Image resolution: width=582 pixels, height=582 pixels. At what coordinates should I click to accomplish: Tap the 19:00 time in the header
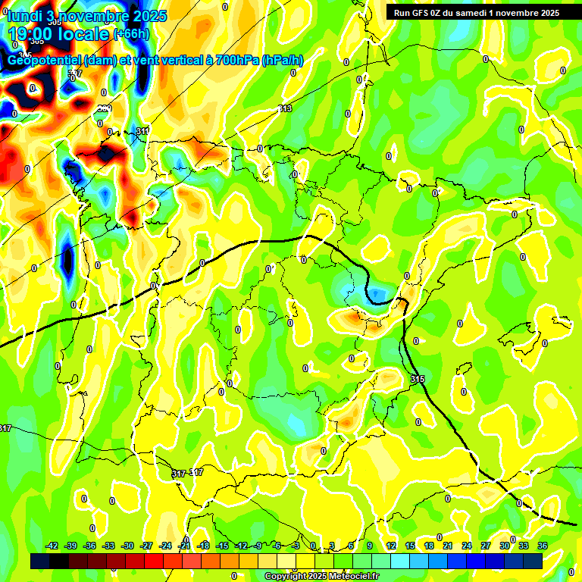click(x=32, y=34)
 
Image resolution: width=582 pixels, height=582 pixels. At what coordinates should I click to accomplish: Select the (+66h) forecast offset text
click(x=130, y=34)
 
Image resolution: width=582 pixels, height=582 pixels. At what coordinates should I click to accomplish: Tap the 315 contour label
click(x=418, y=378)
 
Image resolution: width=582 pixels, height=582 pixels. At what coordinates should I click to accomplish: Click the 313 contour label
click(x=285, y=109)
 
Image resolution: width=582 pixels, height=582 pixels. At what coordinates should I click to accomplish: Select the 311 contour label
click(x=142, y=132)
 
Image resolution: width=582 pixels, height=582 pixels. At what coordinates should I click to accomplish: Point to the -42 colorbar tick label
click(x=52, y=546)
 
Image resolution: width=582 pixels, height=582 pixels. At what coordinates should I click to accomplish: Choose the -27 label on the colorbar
click(x=147, y=546)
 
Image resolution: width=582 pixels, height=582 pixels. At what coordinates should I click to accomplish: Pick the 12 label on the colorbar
click(x=391, y=546)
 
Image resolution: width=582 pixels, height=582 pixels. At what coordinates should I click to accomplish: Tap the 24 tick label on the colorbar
click(x=466, y=546)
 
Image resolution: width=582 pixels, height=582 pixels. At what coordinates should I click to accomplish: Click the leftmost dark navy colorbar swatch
click(x=40, y=561)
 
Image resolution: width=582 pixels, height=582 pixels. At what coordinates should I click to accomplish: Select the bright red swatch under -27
click(x=154, y=561)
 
